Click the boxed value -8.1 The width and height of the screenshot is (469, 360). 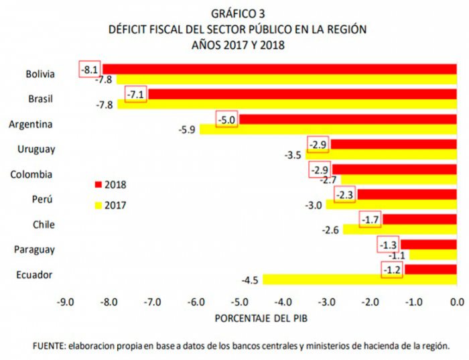tap(90, 69)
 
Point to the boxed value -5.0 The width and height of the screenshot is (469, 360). tap(226, 120)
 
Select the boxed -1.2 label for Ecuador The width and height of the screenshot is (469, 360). tap(392, 270)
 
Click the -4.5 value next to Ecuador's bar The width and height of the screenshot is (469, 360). tap(251, 280)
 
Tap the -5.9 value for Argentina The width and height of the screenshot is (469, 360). tap(188, 130)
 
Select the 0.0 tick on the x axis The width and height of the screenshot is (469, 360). tap(458, 302)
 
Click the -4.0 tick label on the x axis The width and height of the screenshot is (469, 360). tap(282, 302)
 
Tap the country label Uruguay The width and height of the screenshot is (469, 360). tap(37, 149)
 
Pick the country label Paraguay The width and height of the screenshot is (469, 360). tap(35, 249)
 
